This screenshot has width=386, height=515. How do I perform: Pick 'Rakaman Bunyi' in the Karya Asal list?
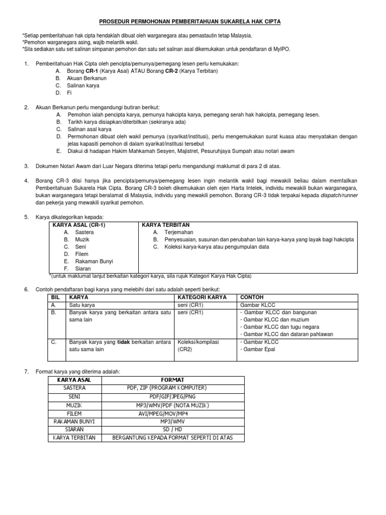tap(94, 261)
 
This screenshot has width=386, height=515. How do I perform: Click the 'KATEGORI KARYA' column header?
tap(202, 297)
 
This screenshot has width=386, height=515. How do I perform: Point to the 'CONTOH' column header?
tap(252, 297)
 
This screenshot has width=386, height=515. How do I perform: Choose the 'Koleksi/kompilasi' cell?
tap(199, 341)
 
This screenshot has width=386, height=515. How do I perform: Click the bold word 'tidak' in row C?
tap(124, 341)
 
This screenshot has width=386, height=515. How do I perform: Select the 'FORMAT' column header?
tap(172, 379)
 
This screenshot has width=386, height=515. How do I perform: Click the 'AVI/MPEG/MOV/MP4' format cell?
tap(172, 413)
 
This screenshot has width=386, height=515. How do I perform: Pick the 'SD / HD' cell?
tap(172, 430)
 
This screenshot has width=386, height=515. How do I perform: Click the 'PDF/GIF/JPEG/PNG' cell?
tap(172, 396)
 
